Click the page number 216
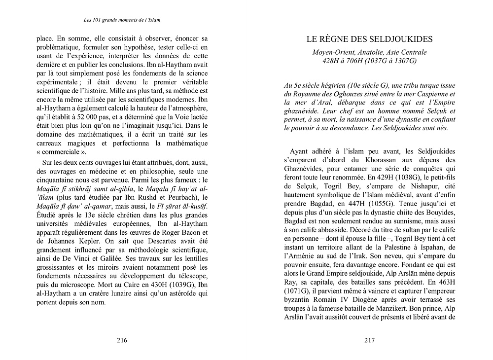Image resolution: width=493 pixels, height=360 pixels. [x=122, y=340]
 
